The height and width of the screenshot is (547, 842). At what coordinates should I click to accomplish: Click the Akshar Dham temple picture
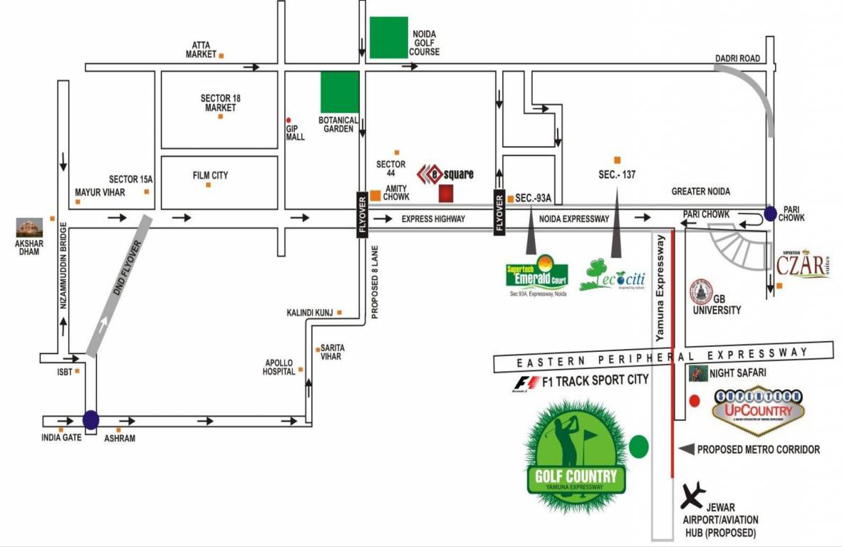pyautogui.click(x=30, y=227)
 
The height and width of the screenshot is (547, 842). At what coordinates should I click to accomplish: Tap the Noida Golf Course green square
pyautogui.click(x=389, y=38)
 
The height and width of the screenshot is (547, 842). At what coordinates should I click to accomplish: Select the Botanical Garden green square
pyautogui.click(x=340, y=92)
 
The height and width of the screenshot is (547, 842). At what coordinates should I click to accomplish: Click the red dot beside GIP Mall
pyautogui.click(x=289, y=120)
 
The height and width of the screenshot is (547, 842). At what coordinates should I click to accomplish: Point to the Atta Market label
pyautogui.click(x=201, y=50)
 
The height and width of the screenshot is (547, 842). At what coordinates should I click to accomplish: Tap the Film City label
pyautogui.click(x=210, y=174)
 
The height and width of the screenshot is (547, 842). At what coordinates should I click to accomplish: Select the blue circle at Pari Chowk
pyautogui.click(x=770, y=212)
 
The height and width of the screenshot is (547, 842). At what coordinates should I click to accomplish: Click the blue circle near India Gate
pyautogui.click(x=90, y=420)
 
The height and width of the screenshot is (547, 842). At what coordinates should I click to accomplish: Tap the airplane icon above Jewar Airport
pyautogui.click(x=692, y=492)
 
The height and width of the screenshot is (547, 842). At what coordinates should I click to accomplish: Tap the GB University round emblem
pyautogui.click(x=700, y=291)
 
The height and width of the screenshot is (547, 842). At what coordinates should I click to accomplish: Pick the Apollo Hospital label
pyautogui.click(x=279, y=366)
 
